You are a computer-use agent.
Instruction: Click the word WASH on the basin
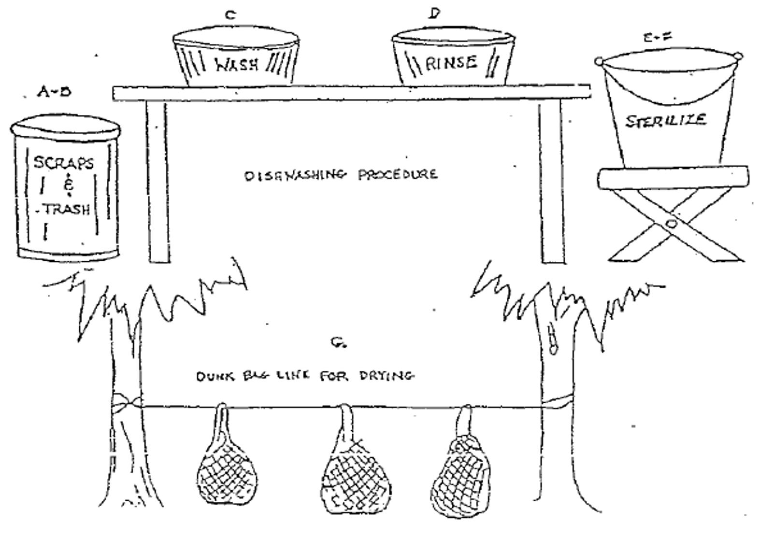236,64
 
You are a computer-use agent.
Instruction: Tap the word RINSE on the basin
451,63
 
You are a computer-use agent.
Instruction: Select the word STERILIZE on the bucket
666,120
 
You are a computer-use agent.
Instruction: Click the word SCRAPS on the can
63,163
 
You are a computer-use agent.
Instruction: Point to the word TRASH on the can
67,209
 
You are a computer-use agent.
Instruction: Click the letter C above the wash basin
230,15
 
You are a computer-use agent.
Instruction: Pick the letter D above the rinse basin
434,14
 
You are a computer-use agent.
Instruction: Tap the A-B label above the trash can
54,91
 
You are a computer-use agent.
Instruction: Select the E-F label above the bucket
657,37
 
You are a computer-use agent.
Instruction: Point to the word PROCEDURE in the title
398,174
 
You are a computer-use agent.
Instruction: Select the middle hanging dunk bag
355,476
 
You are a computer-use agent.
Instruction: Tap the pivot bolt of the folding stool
671,223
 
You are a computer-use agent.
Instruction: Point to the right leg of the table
551,182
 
